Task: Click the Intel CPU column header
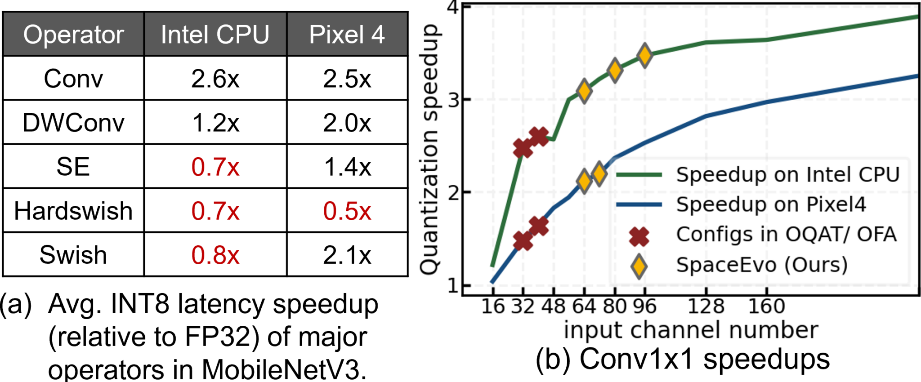coord(215,35)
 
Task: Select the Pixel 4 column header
coord(347,35)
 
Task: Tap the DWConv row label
coord(73,123)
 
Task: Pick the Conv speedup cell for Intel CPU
coord(215,79)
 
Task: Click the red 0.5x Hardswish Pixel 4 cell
coord(347,211)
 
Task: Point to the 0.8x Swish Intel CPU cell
coord(215,255)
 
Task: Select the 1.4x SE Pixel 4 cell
coord(347,167)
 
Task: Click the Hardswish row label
coord(73,211)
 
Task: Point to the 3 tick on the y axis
coord(454,100)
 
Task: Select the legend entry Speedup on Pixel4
coord(771,204)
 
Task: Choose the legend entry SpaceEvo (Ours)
coord(762,265)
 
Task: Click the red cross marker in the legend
coord(639,235)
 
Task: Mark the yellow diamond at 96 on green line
coord(645,56)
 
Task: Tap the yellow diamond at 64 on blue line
coord(584,181)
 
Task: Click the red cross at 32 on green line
coord(523,148)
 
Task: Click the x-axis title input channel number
coord(691,330)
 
